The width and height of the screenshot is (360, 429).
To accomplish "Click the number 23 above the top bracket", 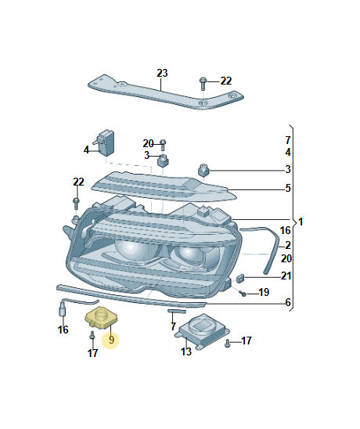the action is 162,73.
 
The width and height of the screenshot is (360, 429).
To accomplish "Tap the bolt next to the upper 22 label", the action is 203,84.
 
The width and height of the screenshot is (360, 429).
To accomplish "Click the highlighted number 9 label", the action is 111,340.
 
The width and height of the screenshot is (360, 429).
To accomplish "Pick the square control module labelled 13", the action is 202,332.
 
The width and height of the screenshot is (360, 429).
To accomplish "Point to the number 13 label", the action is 186,351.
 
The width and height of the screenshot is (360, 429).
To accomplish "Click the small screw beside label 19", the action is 243,294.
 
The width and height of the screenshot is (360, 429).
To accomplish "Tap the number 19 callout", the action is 264,292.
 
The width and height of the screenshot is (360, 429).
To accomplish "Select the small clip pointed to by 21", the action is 240,278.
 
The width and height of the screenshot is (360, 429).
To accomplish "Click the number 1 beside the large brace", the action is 301,222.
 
